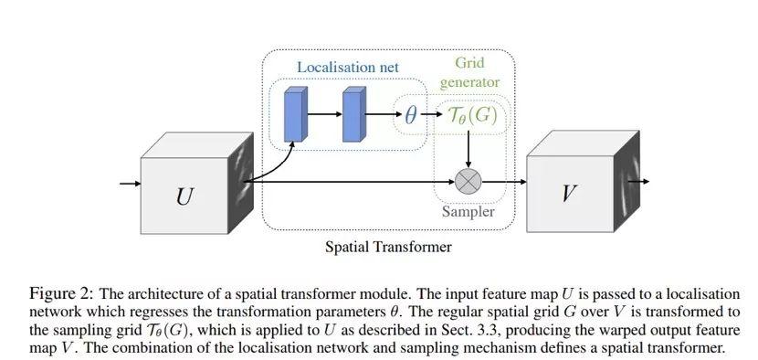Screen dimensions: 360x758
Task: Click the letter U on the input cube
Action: click(184, 195)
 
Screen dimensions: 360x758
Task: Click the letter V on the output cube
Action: click(568, 193)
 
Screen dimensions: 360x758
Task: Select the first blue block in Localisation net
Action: click(295, 115)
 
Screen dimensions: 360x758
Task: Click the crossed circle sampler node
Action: click(468, 180)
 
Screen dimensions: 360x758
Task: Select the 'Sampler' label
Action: click(468, 211)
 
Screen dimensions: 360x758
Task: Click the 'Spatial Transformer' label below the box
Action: click(388, 246)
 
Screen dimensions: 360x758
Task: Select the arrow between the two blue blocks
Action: click(323, 116)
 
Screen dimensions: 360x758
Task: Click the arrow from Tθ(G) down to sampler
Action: click(468, 150)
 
